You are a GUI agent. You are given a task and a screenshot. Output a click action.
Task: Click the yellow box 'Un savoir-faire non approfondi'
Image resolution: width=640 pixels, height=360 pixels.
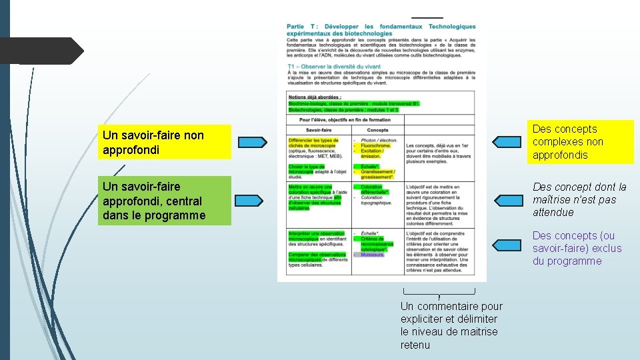click(164, 141)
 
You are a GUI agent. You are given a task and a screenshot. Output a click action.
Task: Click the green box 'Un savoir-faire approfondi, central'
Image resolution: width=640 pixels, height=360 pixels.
click(164, 200)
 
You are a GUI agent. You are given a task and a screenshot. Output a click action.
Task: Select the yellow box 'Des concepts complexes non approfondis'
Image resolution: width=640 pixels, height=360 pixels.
click(580, 141)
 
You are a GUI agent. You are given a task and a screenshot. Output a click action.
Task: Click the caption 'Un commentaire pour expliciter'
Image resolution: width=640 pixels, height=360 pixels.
click(451, 325)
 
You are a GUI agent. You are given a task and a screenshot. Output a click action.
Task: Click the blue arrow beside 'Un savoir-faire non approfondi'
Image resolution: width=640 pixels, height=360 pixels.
click(251, 141)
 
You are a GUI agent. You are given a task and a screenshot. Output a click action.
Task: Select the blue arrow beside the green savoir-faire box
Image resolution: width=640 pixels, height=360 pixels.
click(251, 200)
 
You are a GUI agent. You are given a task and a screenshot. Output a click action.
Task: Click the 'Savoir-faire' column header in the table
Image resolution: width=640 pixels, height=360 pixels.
click(319, 130)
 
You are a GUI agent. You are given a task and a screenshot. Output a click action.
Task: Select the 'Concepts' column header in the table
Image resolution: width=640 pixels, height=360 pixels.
click(377, 130)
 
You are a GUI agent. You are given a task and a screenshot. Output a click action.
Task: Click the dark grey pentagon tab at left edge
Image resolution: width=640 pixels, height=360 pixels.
click(40, 51)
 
